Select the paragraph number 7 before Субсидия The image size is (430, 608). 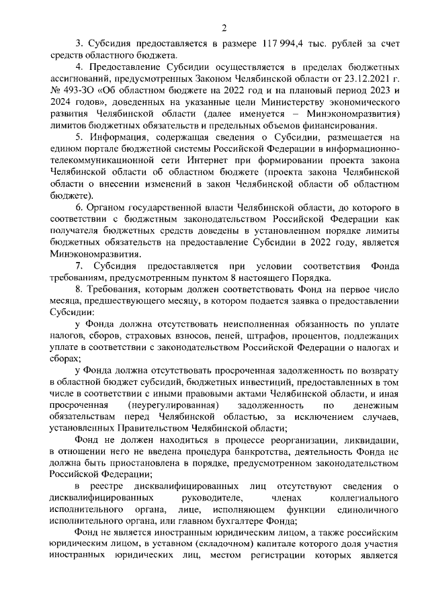[78, 268]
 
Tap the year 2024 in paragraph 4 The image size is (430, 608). [62, 114]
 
